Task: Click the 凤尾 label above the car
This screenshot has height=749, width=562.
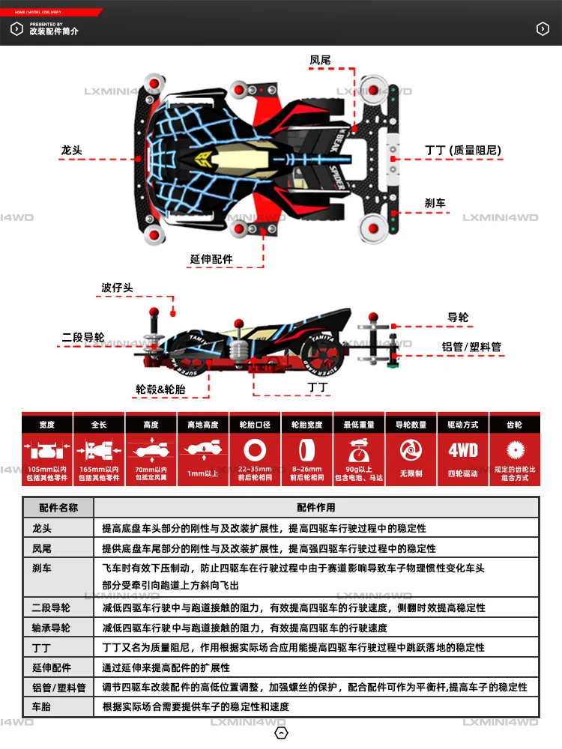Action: [320, 59]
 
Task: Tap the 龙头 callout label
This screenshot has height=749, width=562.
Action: [71, 151]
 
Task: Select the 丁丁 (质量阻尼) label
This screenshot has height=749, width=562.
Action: [462, 151]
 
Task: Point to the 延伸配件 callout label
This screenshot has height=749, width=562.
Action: [211, 259]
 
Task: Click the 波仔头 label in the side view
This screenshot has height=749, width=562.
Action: [117, 288]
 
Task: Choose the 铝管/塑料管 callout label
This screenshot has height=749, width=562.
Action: [471, 348]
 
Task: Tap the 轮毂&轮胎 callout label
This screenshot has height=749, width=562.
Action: [160, 389]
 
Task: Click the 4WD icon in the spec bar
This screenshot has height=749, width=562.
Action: [462, 450]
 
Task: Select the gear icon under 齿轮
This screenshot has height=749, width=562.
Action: [514, 450]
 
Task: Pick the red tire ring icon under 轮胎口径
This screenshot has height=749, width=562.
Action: [255, 450]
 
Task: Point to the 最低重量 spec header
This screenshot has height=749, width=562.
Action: [358, 425]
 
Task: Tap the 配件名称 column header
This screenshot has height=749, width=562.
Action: [58, 508]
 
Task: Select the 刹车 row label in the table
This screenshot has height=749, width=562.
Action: [41, 568]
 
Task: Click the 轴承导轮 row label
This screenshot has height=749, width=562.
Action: [51, 628]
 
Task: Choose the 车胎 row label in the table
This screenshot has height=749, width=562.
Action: [41, 706]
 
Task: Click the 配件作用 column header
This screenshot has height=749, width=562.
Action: [316, 508]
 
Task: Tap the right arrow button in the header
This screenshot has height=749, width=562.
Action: [543, 28]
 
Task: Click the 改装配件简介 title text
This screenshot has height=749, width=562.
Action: [54, 31]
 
